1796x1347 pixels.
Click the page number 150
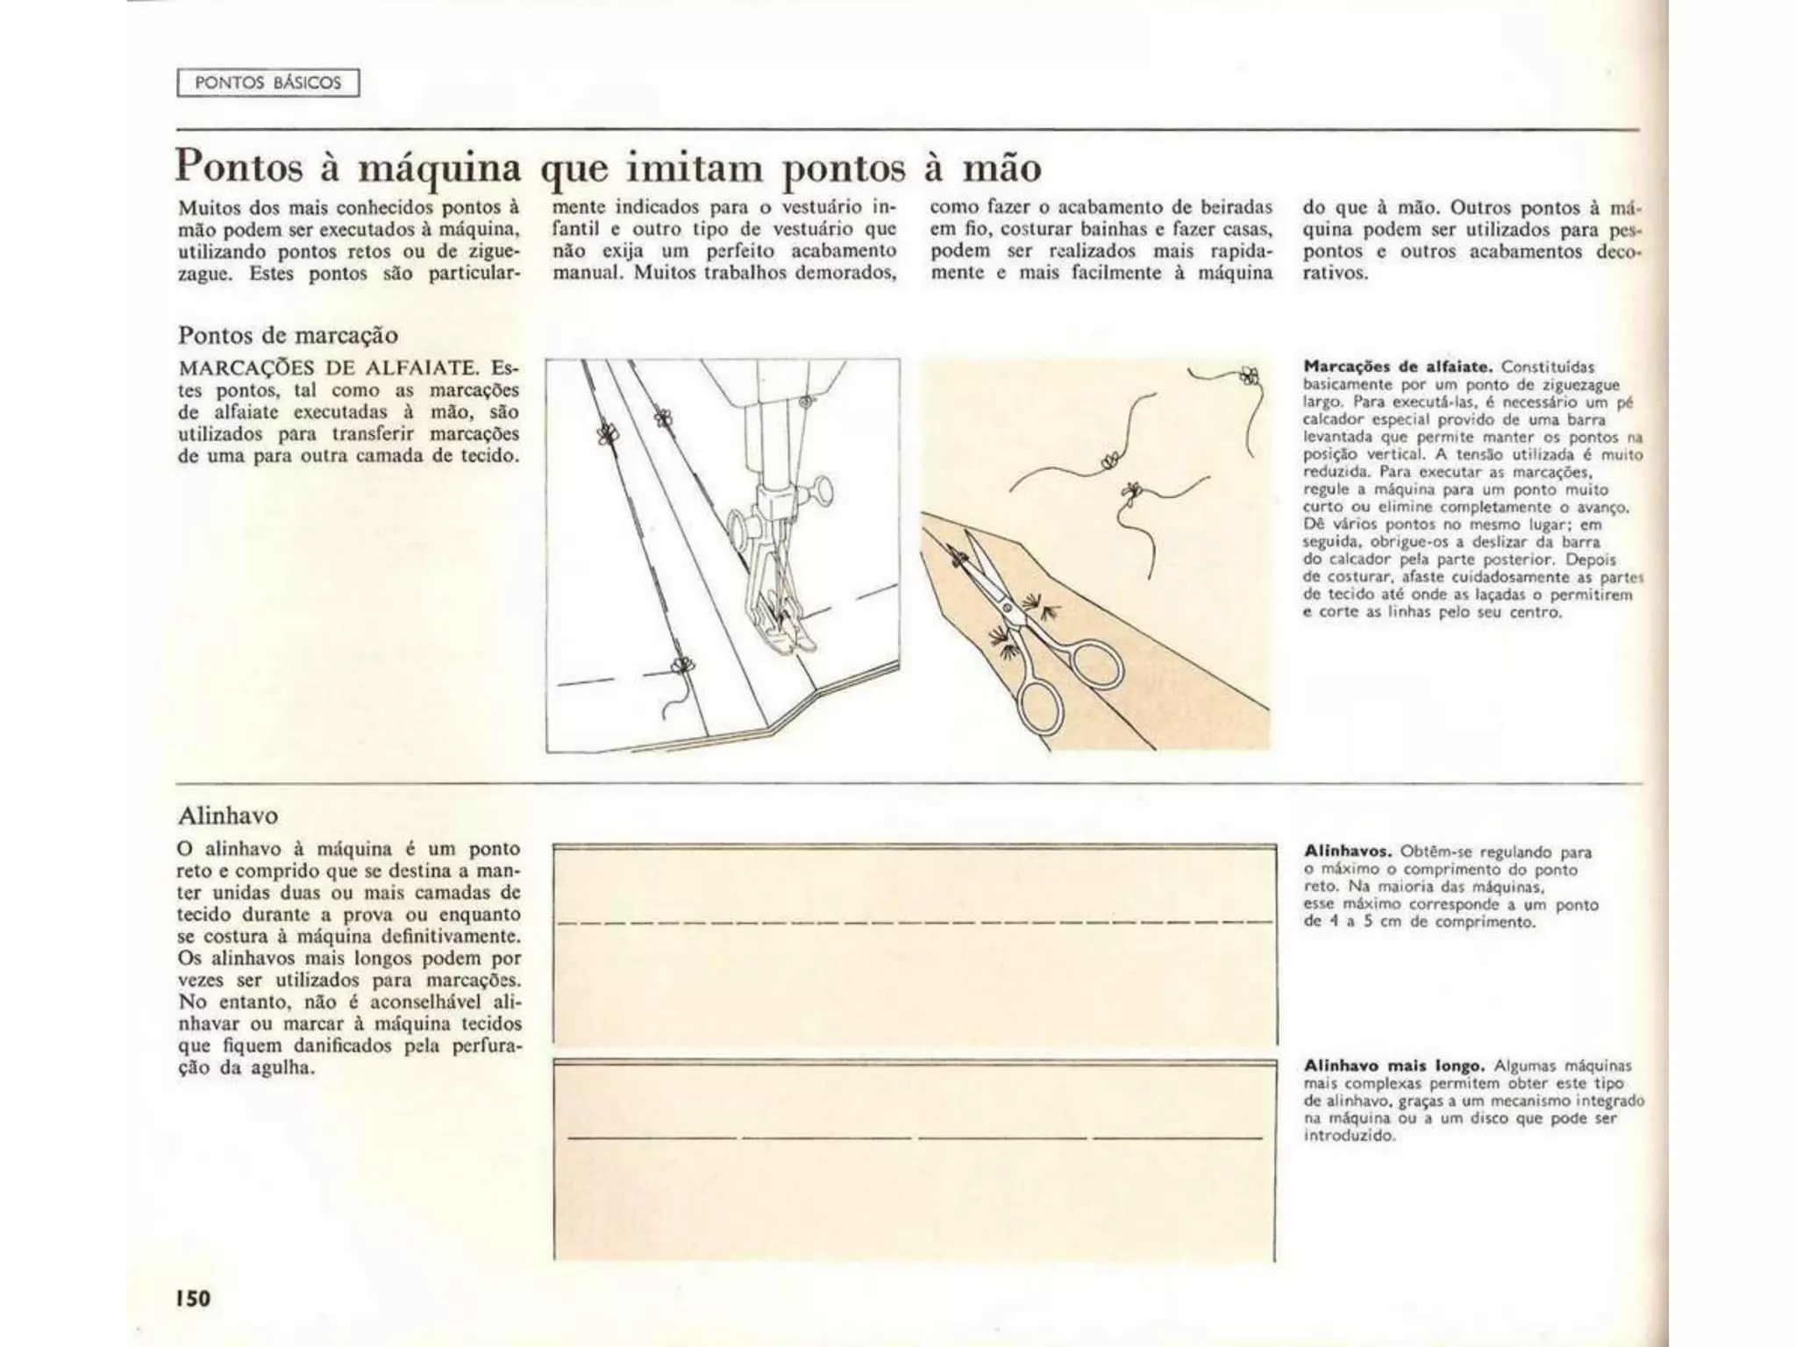coord(193,1298)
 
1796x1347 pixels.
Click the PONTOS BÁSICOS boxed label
coord(267,82)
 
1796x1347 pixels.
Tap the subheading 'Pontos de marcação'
coord(288,335)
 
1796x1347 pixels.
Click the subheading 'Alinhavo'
coord(228,816)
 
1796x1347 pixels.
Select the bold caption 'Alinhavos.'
coord(1348,852)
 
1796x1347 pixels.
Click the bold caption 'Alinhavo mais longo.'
coord(1393,1066)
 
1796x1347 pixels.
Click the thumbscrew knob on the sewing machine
coord(823,488)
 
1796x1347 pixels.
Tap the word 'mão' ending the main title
coord(1001,167)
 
